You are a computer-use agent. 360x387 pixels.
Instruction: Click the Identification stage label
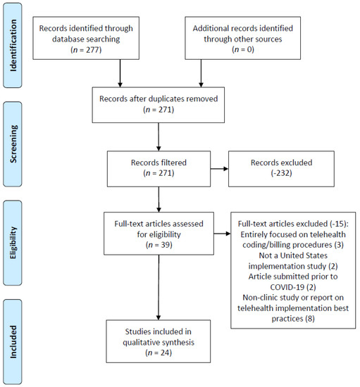click(13, 46)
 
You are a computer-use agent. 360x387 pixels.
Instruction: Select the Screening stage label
click(13, 144)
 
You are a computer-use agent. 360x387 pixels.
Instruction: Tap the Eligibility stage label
click(13, 243)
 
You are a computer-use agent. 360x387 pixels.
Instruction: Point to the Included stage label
click(13, 342)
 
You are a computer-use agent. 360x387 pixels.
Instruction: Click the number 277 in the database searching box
click(92, 50)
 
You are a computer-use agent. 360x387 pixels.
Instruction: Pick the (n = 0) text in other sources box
click(243, 50)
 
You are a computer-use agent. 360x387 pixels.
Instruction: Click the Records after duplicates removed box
click(159, 105)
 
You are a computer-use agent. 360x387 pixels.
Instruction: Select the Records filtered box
click(159, 169)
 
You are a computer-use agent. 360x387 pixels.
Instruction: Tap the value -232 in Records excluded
click(281, 173)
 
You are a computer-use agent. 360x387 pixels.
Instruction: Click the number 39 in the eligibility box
click(165, 245)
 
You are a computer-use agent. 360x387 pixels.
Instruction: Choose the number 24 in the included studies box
click(166, 353)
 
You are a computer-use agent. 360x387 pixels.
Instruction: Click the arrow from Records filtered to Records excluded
click(219, 169)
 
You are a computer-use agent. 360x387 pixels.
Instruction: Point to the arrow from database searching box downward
click(120, 73)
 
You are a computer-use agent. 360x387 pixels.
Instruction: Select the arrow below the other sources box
click(201, 73)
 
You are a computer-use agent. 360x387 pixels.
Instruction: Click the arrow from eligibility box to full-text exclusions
click(222, 234)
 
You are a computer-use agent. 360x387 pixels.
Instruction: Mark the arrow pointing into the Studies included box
click(159, 288)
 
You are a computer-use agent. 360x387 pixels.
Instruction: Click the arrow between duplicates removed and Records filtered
click(159, 137)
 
